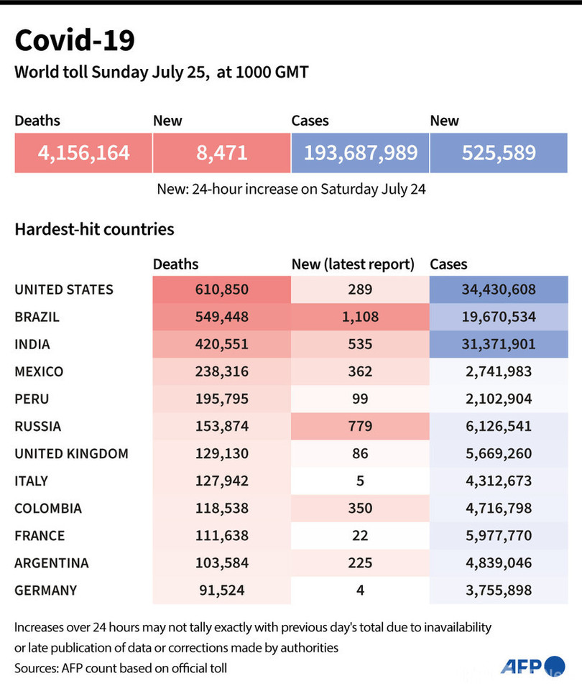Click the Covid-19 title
75,41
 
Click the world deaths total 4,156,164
83,152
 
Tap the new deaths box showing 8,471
221,152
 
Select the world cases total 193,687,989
360,152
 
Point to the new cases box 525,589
499,152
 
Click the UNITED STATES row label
64,289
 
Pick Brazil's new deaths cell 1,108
360,317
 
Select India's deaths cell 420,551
221,344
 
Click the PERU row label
32,399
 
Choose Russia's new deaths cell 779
360,426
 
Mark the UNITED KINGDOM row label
71,453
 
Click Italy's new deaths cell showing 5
360,481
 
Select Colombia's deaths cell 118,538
221,508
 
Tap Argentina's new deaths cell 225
360,562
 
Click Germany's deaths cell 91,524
221,590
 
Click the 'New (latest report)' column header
353,264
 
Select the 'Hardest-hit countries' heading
94,230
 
